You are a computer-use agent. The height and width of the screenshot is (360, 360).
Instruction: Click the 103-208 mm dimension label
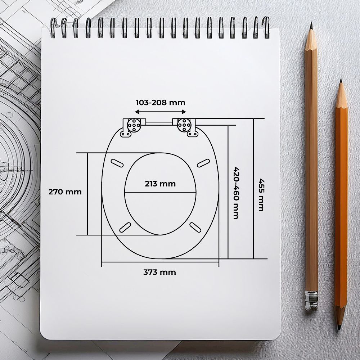pos(160,103)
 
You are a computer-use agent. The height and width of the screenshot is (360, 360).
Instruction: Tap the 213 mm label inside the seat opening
pos(160,184)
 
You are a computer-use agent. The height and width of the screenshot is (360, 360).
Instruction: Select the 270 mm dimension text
pos(65,192)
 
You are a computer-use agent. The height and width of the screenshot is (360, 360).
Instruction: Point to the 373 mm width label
pos(159,272)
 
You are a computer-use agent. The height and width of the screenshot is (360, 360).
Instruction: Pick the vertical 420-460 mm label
pos(236,193)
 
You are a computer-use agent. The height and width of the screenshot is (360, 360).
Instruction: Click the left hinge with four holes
pos(134,125)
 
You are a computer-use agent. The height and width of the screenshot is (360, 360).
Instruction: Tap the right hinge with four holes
pos(184,125)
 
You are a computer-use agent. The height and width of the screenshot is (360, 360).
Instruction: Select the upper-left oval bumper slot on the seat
pos(117,163)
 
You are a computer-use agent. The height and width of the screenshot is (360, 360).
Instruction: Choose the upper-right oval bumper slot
pos(203,163)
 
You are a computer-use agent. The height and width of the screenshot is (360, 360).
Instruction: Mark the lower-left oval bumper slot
pos(125,227)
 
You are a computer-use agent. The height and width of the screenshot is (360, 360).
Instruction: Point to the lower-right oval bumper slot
pos(195,227)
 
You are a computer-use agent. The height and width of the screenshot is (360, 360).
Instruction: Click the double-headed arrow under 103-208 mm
pos(160,112)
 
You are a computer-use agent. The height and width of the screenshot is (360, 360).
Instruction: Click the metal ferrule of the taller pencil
pos(311,300)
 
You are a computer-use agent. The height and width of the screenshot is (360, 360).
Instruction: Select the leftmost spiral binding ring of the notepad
pos(53,27)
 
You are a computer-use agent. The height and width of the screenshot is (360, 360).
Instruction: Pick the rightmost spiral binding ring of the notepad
pos(266,27)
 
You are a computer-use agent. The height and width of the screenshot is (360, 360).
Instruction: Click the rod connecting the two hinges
pos(159,123)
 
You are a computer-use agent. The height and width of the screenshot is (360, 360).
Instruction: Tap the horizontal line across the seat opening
pos(160,192)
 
